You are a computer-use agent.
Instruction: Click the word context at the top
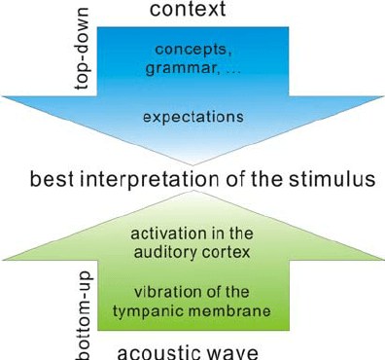193,11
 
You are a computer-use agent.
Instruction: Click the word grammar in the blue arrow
176,69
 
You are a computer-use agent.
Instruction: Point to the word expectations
192,116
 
